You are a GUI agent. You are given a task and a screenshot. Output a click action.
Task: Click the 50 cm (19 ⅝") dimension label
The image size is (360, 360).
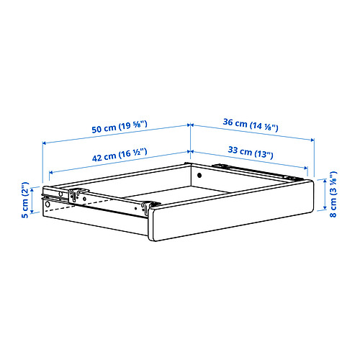coord(120,127)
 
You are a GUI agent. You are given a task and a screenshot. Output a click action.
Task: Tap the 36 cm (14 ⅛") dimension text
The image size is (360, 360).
coord(251,125)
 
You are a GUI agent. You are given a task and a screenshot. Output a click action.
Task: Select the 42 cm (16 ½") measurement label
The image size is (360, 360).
coord(120,155)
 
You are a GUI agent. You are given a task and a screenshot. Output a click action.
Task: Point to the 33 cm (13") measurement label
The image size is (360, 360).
coord(251,153)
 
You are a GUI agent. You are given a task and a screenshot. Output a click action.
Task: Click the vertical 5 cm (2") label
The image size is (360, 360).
coord(25,200)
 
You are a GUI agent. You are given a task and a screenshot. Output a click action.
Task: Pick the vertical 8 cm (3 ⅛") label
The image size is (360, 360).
coord(333,194)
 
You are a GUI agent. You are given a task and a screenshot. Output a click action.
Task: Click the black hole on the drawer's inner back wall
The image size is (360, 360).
coord(199,175)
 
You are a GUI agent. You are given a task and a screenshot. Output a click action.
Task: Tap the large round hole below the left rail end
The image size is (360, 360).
coord(48,204)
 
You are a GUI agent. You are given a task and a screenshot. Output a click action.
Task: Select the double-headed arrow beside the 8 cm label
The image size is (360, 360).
coord(325,194)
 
